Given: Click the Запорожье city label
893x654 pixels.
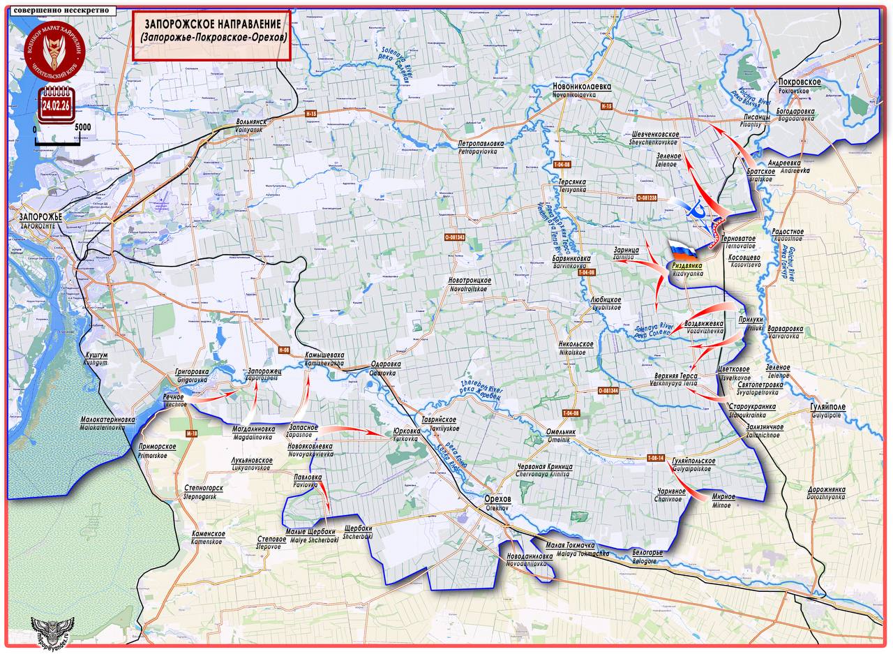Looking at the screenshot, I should point(36,217).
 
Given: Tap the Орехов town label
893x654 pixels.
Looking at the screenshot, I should point(498,500).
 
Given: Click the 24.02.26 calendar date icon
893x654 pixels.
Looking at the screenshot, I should point(55,105).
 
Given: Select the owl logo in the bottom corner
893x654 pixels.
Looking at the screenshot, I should point(52,632).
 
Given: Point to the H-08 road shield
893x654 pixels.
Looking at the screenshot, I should point(283,349).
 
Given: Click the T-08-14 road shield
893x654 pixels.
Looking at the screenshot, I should point(654,458).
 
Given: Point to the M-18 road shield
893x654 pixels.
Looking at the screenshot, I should point(193,433).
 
